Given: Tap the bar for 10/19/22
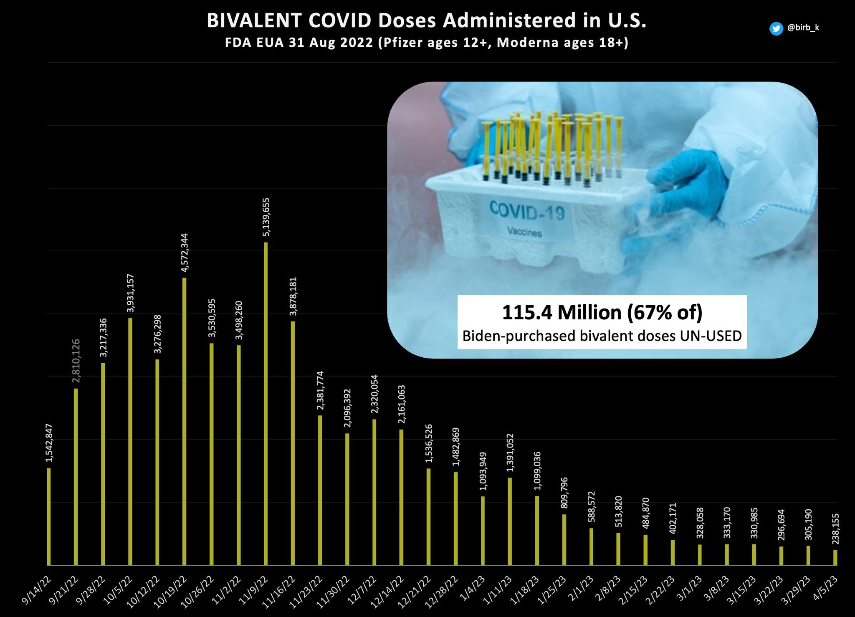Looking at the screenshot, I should click(x=184, y=421).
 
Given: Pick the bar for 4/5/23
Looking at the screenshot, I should click(x=835, y=558).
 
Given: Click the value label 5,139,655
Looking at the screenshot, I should click(x=266, y=217).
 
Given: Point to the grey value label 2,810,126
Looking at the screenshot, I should click(x=76, y=361).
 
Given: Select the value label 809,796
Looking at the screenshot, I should click(x=564, y=493).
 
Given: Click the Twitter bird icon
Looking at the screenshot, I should click(x=776, y=28).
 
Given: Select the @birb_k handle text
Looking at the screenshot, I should click(x=803, y=28).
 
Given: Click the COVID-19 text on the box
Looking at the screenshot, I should click(x=527, y=211).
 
